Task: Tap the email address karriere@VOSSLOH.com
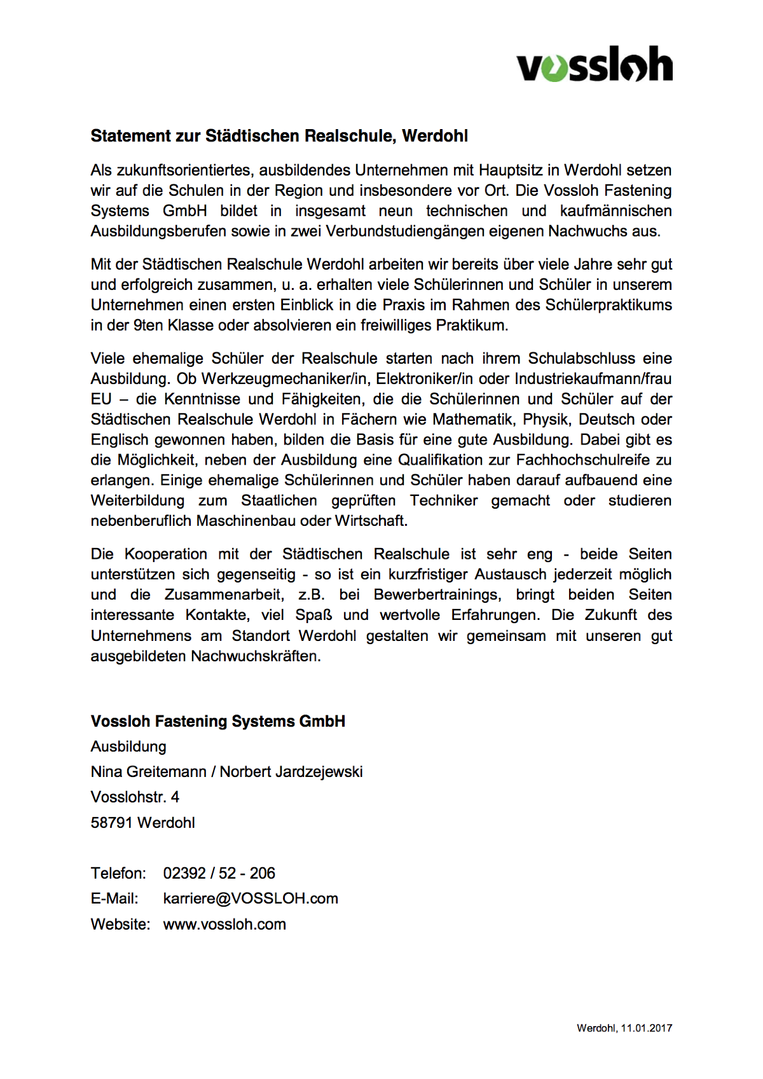pyautogui.click(x=251, y=898)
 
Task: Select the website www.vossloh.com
pyautogui.click(x=224, y=924)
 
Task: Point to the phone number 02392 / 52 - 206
pyautogui.click(x=219, y=873)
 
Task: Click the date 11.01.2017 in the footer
pyautogui.click(x=647, y=1028)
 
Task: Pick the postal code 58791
pyautogui.click(x=112, y=823)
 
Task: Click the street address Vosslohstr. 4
pyautogui.click(x=135, y=797)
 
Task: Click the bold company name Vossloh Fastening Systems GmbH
pyautogui.click(x=217, y=722)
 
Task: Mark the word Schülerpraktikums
pyautogui.click(x=608, y=305)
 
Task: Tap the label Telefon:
pyautogui.click(x=118, y=873)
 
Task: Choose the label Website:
pyautogui.click(x=120, y=924)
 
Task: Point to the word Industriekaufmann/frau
pyautogui.click(x=593, y=379)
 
